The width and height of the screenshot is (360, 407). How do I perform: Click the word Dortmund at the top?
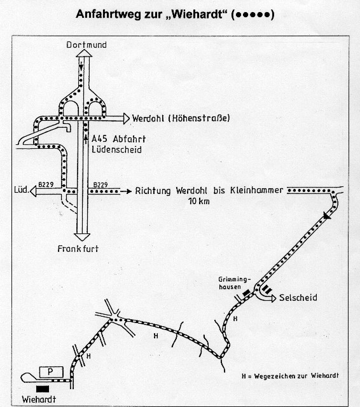(x=87, y=45)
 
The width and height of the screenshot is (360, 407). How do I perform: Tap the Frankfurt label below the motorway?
(x=78, y=249)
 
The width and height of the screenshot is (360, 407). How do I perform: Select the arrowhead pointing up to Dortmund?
(x=84, y=53)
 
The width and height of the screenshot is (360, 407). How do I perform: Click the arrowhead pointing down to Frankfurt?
(x=82, y=237)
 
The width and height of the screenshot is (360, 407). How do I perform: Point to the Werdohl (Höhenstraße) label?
(x=181, y=118)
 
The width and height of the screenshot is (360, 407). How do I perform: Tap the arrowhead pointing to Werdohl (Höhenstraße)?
(x=127, y=119)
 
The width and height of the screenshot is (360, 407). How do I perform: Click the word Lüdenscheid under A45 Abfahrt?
(x=117, y=150)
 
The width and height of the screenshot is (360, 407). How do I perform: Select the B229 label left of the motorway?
(x=46, y=184)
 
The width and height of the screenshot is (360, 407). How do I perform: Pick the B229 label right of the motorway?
(x=100, y=185)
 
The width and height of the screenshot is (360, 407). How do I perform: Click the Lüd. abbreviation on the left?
(x=21, y=190)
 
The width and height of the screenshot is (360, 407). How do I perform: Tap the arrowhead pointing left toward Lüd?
(x=33, y=191)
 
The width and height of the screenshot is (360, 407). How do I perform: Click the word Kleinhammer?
(x=257, y=190)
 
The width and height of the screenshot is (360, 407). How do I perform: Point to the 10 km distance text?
(x=199, y=201)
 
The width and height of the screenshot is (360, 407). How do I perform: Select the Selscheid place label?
(x=298, y=298)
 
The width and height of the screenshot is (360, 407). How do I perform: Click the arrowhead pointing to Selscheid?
(x=273, y=298)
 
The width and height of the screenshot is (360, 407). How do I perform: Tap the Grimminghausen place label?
(x=234, y=283)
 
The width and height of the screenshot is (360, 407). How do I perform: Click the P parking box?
(x=51, y=372)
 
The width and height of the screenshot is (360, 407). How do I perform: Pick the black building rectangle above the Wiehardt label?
(x=43, y=389)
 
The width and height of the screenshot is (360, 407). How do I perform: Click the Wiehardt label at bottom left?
(x=39, y=399)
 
